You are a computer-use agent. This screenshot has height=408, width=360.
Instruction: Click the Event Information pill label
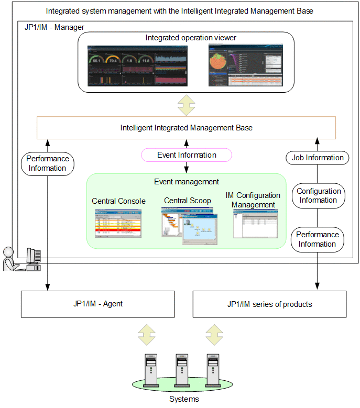pyautogui.click(x=187, y=155)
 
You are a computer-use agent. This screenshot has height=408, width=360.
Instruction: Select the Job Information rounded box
pyautogui.click(x=318, y=157)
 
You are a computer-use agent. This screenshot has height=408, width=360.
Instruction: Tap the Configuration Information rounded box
pyautogui.click(x=318, y=195)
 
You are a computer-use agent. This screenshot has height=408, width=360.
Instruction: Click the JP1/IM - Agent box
pyautogui.click(x=97, y=304)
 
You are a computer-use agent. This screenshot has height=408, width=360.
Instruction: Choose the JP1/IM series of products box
pyautogui.click(x=269, y=304)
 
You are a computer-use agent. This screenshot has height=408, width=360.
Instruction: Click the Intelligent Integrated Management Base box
pyautogui.click(x=186, y=128)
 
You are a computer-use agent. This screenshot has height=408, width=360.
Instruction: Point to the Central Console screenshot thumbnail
pyautogui.click(x=118, y=223)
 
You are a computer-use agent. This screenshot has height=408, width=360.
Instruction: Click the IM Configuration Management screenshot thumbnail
pyautogui.click(x=255, y=224)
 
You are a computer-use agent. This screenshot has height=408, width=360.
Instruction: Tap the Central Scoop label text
pyautogui.click(x=188, y=201)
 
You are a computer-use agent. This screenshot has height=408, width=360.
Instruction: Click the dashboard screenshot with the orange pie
pyautogui.click(x=245, y=65)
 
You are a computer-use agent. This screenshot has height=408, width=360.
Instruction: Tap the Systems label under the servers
pyautogui.click(x=184, y=400)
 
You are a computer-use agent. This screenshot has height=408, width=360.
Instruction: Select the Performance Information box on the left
pyautogui.click(x=48, y=163)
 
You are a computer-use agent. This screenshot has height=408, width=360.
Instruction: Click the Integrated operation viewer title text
pyautogui.click(x=191, y=38)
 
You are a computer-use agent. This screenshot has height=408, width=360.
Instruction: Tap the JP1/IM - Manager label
pyautogui.click(x=54, y=27)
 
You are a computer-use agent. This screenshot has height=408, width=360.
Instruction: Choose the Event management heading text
pyautogui.click(x=187, y=182)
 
